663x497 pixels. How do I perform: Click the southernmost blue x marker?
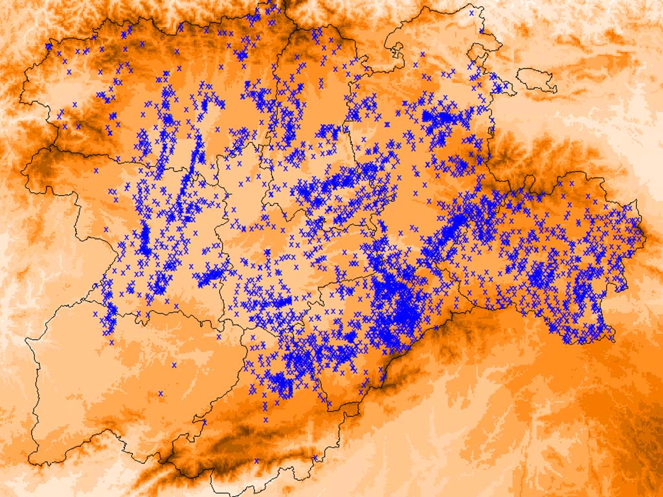(256, 461)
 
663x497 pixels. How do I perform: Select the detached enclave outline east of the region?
(537, 79)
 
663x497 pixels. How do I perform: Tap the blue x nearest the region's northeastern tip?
(471, 12)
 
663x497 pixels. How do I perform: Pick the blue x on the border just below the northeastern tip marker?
(482, 31)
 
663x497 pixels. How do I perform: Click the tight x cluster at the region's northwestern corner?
(49, 47)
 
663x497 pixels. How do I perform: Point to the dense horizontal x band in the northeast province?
(447, 120)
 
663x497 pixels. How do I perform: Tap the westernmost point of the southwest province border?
(27, 339)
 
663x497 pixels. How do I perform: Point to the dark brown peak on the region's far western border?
(39, 162)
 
